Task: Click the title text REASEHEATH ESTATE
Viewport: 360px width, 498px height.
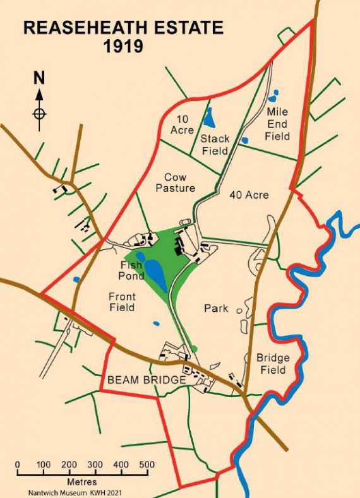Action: coord(124,28)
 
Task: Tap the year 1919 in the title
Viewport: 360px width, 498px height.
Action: coord(124,46)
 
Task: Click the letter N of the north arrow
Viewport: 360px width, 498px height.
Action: coord(39,78)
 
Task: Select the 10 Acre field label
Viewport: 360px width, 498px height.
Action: coord(181,124)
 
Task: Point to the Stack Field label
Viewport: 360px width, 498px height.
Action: coord(215,145)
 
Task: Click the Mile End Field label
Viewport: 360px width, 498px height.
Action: coord(277,124)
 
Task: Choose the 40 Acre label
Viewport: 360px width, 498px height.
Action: coord(249,195)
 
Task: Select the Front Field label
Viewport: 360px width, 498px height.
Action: coord(122,302)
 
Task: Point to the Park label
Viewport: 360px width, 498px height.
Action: coord(215,309)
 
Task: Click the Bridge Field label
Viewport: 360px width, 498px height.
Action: coord(271,364)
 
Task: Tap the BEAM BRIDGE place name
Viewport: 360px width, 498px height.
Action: coord(147,380)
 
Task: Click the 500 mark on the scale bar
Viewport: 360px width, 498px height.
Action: coord(147,465)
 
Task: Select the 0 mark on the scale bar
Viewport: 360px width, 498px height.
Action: coord(17,465)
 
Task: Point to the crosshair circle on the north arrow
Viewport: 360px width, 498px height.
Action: coord(39,114)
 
